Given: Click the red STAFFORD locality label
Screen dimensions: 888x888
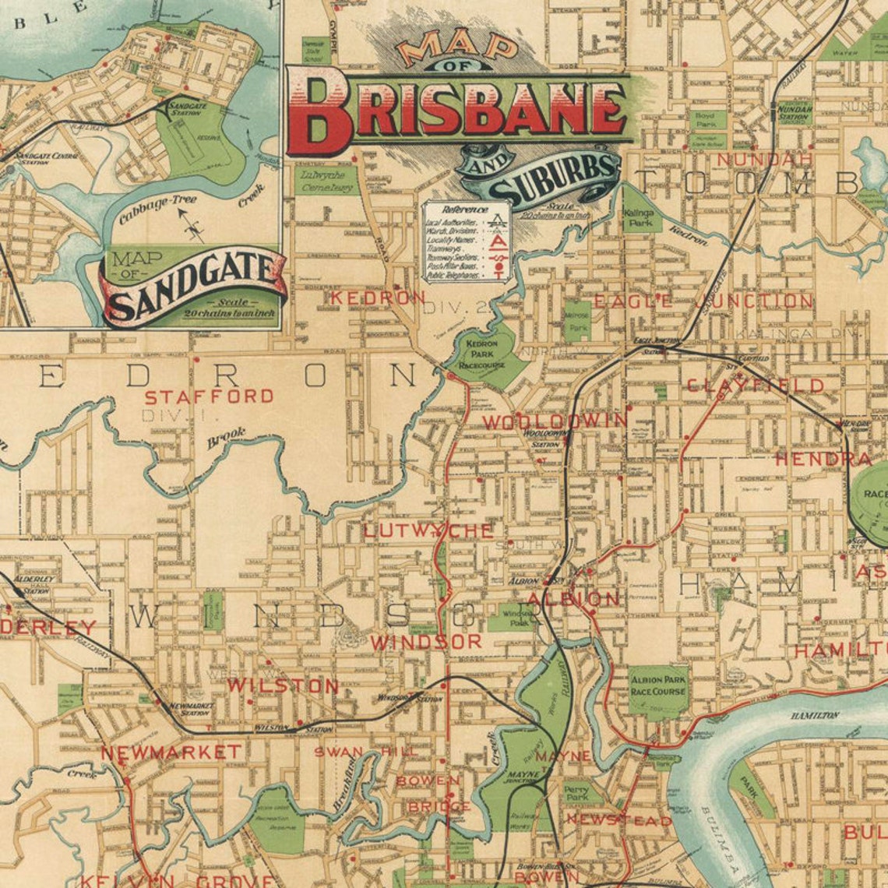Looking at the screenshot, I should pyautogui.click(x=209, y=396).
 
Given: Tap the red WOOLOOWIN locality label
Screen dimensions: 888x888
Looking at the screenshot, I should pyautogui.click(x=555, y=421).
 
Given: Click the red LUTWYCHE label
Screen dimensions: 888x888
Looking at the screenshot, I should pyautogui.click(x=428, y=530).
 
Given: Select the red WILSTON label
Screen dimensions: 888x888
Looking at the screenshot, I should pyautogui.click(x=283, y=686).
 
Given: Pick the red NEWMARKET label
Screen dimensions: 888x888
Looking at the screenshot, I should pyautogui.click(x=171, y=752).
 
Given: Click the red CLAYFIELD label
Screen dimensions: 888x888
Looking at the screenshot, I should pyautogui.click(x=755, y=386).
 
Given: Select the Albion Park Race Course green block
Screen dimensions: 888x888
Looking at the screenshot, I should pyautogui.click(x=658, y=686).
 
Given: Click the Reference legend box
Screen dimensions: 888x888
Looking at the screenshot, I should pyautogui.click(x=466, y=240).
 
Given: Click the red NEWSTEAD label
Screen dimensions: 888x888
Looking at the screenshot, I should pyautogui.click(x=618, y=819).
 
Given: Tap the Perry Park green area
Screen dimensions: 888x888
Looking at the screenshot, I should pyautogui.click(x=578, y=793).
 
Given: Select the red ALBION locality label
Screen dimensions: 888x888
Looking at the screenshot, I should pyautogui.click(x=574, y=599).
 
